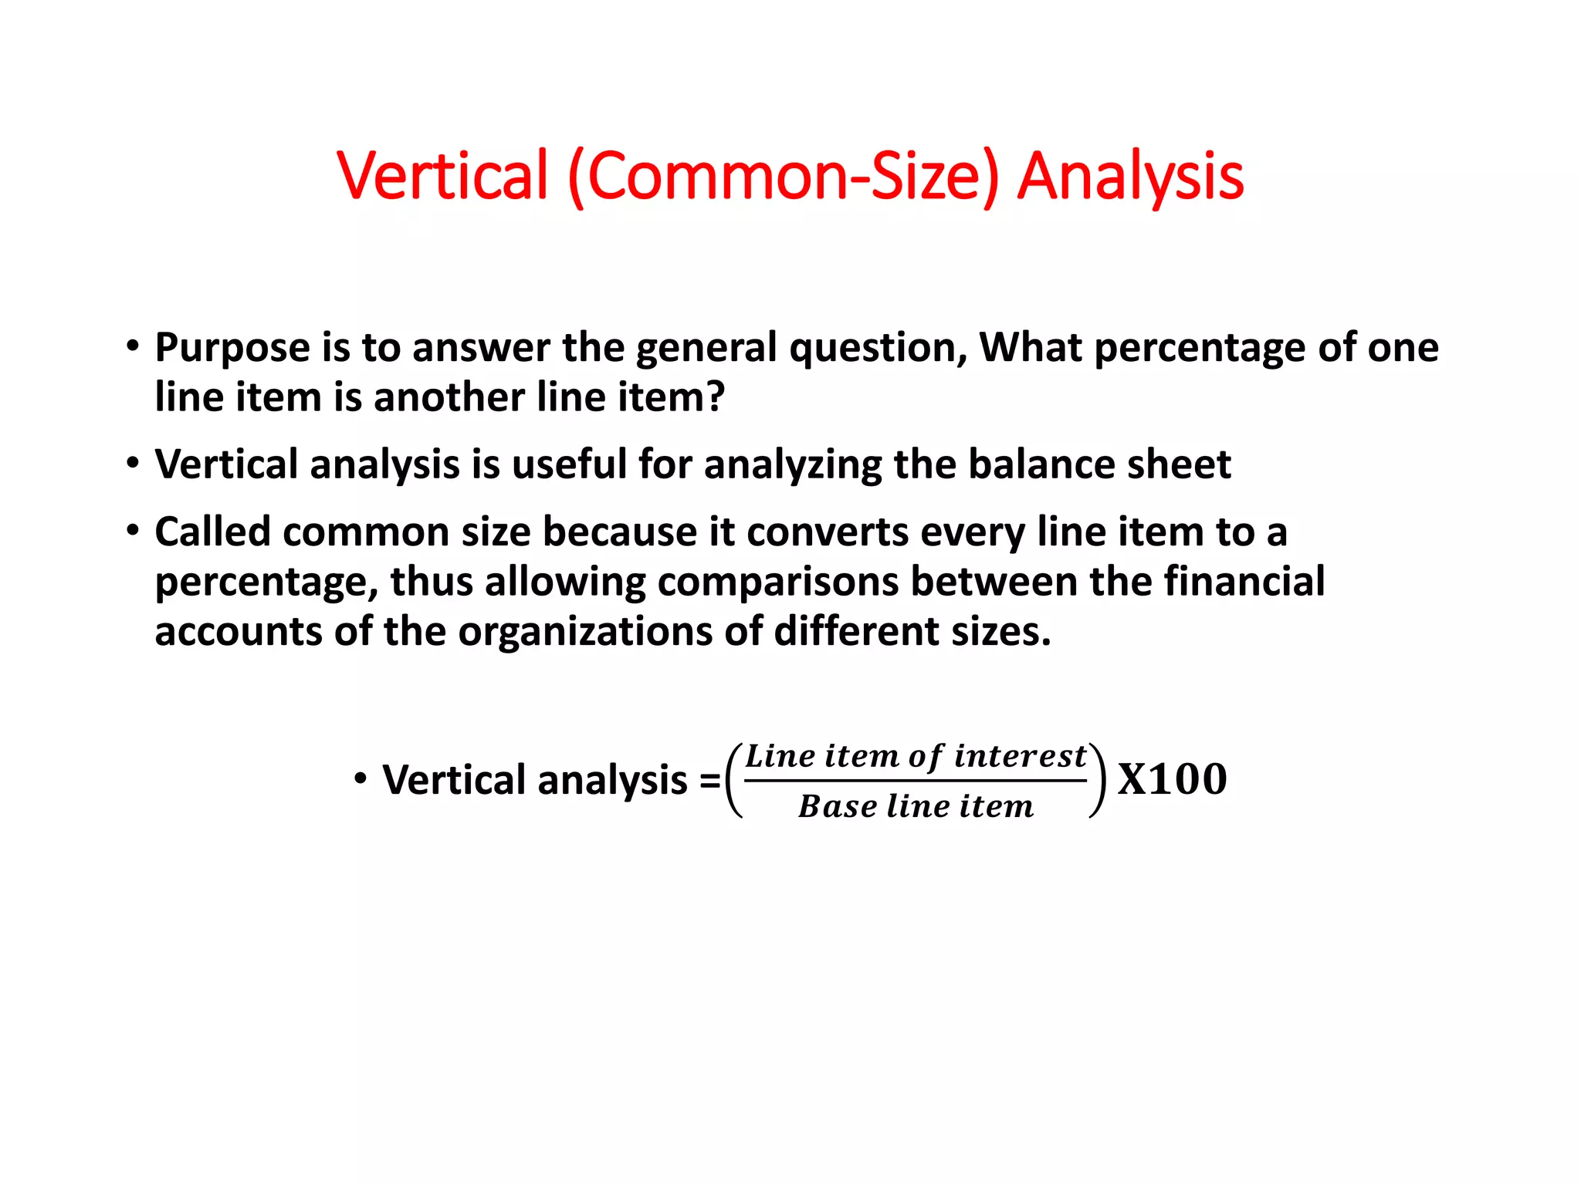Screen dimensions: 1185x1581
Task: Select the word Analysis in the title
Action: (1130, 176)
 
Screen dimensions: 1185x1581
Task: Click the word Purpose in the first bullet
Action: (232, 349)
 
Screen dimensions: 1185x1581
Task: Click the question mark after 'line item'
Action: (716, 397)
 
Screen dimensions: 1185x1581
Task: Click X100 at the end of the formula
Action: (1172, 779)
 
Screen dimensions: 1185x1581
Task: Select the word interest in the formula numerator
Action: (1020, 756)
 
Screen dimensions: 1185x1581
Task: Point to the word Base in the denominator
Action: (837, 806)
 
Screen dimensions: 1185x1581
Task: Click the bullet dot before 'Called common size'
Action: (134, 530)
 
